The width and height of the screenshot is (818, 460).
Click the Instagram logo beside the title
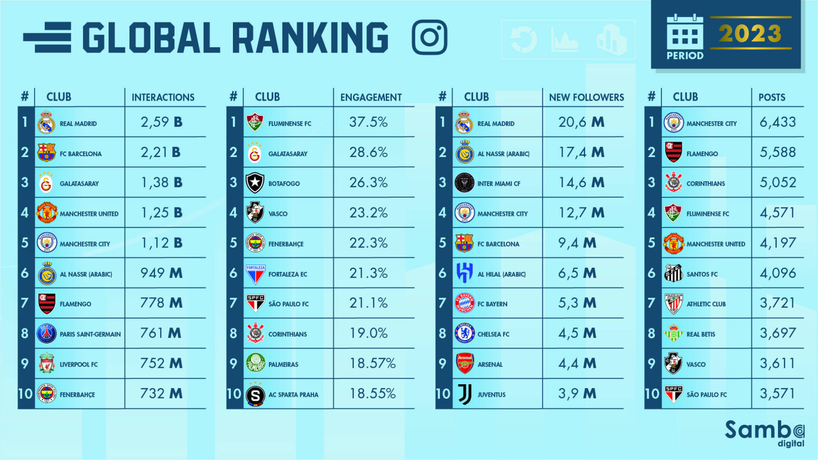pyautogui.click(x=429, y=37)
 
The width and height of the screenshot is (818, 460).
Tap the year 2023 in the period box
pyautogui.click(x=750, y=34)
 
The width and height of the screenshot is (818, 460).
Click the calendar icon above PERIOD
pyautogui.click(x=685, y=32)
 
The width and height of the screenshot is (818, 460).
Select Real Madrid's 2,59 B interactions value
pyautogui.click(x=161, y=122)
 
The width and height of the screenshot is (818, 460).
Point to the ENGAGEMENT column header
pyautogui.click(x=371, y=97)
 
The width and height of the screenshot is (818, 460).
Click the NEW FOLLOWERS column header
pyautogui.click(x=586, y=97)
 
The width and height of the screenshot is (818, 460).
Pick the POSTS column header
pyautogui.click(x=772, y=97)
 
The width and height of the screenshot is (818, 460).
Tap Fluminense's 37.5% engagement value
pyautogui.click(x=369, y=122)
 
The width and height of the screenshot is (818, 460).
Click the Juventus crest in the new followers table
pyautogui.click(x=465, y=394)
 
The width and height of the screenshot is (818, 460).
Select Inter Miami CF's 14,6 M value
pyautogui.click(x=581, y=183)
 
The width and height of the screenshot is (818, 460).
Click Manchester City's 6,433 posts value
pyautogui.click(x=778, y=122)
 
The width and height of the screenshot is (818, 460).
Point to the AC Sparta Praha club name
pyautogui.click(x=293, y=395)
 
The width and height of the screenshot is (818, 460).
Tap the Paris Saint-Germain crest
pyautogui.click(x=46, y=333)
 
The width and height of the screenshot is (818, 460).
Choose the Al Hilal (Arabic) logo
pyautogui.click(x=465, y=273)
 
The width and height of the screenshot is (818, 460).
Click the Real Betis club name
pyautogui.click(x=700, y=334)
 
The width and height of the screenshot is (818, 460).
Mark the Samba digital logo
pyautogui.click(x=764, y=433)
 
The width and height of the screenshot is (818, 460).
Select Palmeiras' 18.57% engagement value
pyautogui.click(x=372, y=364)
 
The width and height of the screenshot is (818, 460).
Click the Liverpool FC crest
pyautogui.click(x=46, y=364)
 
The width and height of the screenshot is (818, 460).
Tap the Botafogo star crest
pyautogui.click(x=255, y=183)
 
